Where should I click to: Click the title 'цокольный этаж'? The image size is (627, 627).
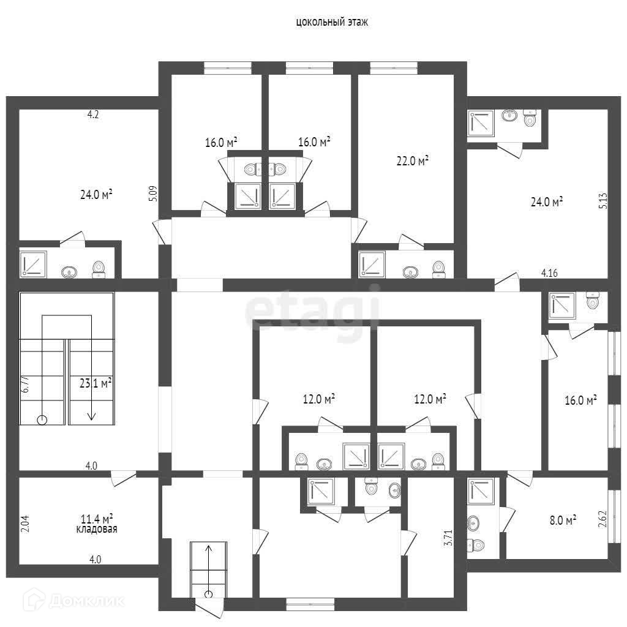(332, 22)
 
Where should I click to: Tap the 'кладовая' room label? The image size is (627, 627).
(97, 529)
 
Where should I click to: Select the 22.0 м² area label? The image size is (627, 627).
(413, 161)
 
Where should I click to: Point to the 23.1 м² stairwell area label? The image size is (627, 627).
(96, 383)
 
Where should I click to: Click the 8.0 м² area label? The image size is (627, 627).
(563, 520)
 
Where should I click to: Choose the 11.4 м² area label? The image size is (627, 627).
(97, 519)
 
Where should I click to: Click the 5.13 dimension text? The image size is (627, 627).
(603, 201)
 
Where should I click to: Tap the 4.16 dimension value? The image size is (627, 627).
(549, 273)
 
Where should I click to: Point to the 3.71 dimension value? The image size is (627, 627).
(449, 538)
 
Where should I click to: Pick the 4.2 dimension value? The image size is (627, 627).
(93, 115)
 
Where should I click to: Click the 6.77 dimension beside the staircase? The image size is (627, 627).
(25, 385)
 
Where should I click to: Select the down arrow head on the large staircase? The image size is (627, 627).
(92, 416)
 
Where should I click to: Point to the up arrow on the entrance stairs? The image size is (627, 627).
(208, 568)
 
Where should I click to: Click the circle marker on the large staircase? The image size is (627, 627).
(42, 420)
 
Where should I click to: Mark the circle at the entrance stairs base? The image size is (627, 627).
(208, 595)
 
